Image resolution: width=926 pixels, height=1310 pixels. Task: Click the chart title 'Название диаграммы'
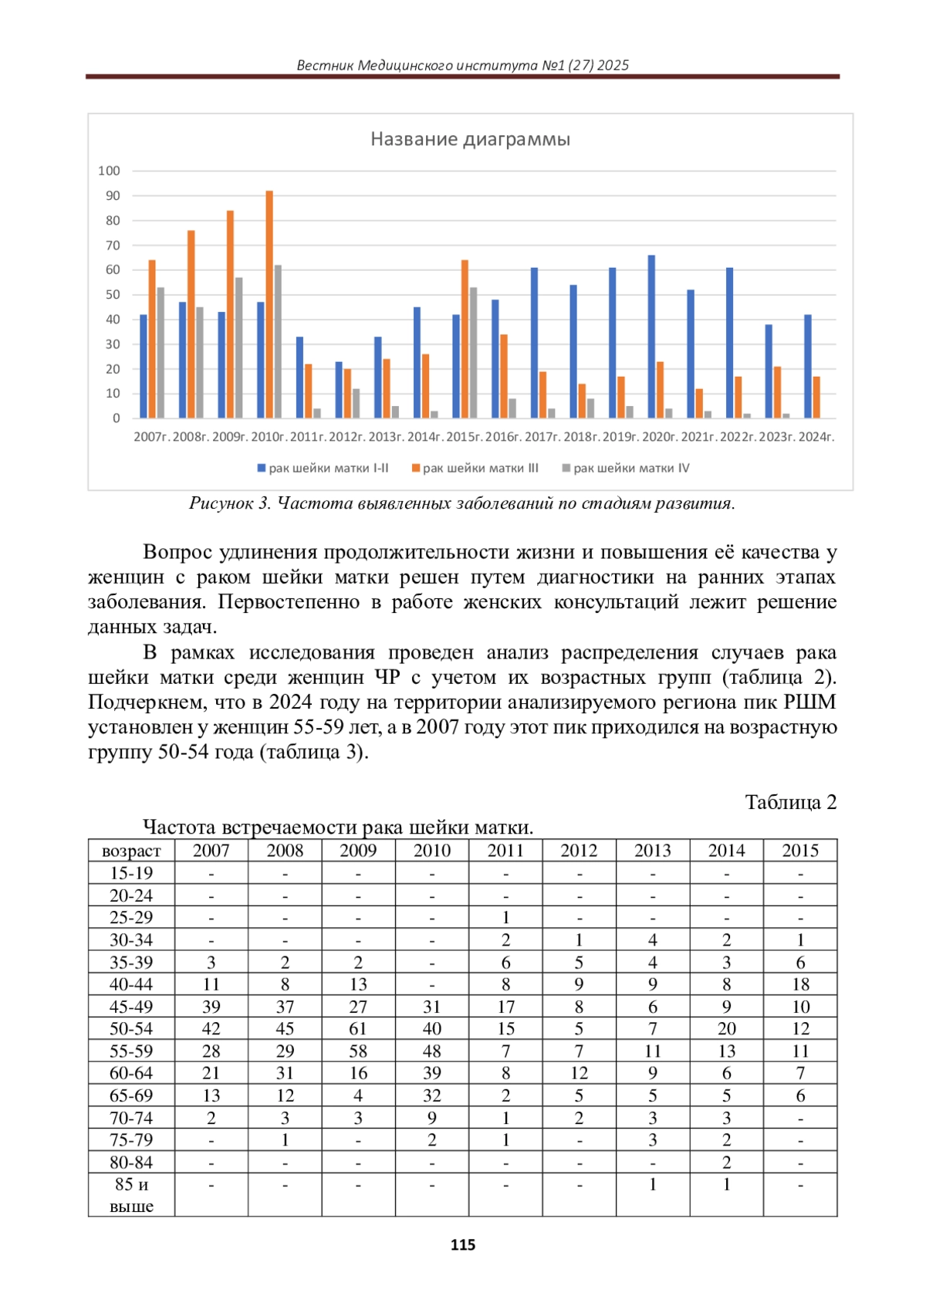[x=470, y=140]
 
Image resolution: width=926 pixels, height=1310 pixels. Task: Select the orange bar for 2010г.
[x=269, y=305]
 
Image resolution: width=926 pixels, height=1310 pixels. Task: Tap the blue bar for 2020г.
[x=651, y=337]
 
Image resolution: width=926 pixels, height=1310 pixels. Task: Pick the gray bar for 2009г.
[x=238, y=347]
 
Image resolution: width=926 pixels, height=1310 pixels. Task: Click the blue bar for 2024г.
[x=808, y=367]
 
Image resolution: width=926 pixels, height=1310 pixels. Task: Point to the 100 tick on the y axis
[x=110, y=171]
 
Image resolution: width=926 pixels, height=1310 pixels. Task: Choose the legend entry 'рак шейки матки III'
[x=475, y=469]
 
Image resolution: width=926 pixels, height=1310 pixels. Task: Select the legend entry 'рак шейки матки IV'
[x=627, y=469]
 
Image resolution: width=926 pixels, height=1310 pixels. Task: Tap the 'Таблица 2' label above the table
[x=790, y=803]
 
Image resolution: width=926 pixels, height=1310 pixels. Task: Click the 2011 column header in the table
[x=505, y=851]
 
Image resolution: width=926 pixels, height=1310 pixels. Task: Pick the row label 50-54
[x=131, y=1029]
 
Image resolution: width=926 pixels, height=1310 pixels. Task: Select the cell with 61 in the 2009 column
[x=358, y=1029]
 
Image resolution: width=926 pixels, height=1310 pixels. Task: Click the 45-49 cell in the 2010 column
[x=432, y=1007]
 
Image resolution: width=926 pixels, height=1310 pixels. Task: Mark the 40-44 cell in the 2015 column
[x=800, y=984]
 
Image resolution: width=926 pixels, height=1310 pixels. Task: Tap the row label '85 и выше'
[x=131, y=1195]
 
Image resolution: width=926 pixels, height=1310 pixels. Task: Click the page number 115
[x=463, y=1245]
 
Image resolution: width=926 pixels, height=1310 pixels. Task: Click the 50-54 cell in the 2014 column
[x=727, y=1029]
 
